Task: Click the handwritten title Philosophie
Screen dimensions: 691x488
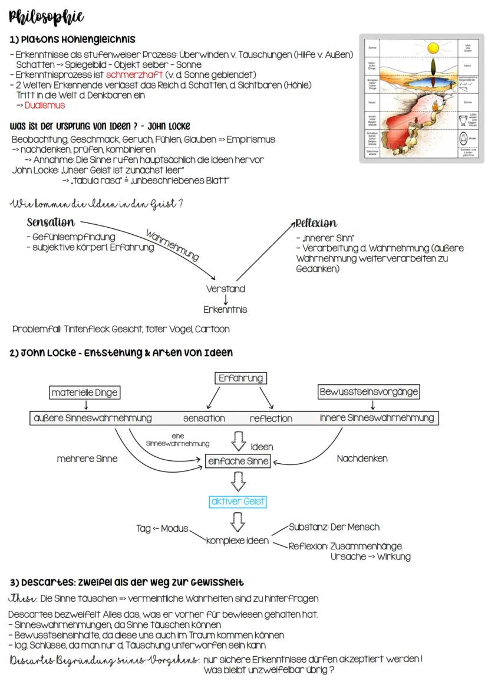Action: (47, 17)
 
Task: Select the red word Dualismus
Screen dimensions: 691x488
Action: (45, 106)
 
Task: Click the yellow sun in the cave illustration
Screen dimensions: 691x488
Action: (434, 47)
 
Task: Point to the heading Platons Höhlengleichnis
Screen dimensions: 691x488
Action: (72, 40)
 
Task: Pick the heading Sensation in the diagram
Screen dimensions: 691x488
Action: (51, 223)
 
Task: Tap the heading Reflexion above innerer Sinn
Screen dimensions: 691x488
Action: (316, 223)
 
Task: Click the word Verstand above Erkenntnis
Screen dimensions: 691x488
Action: (226, 289)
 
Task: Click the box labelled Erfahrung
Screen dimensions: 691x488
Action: (240, 378)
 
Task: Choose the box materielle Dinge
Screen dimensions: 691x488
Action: (85, 392)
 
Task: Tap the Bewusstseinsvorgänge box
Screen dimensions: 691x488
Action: (369, 392)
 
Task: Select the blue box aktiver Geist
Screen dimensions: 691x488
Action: (238, 502)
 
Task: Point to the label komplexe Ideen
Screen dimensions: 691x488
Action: (238, 541)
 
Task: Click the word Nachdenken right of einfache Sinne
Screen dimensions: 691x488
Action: (362, 459)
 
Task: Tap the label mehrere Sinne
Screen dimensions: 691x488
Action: (87, 459)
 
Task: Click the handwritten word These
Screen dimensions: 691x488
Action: (23, 599)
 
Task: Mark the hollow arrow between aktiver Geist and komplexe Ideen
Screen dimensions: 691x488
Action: (239, 522)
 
